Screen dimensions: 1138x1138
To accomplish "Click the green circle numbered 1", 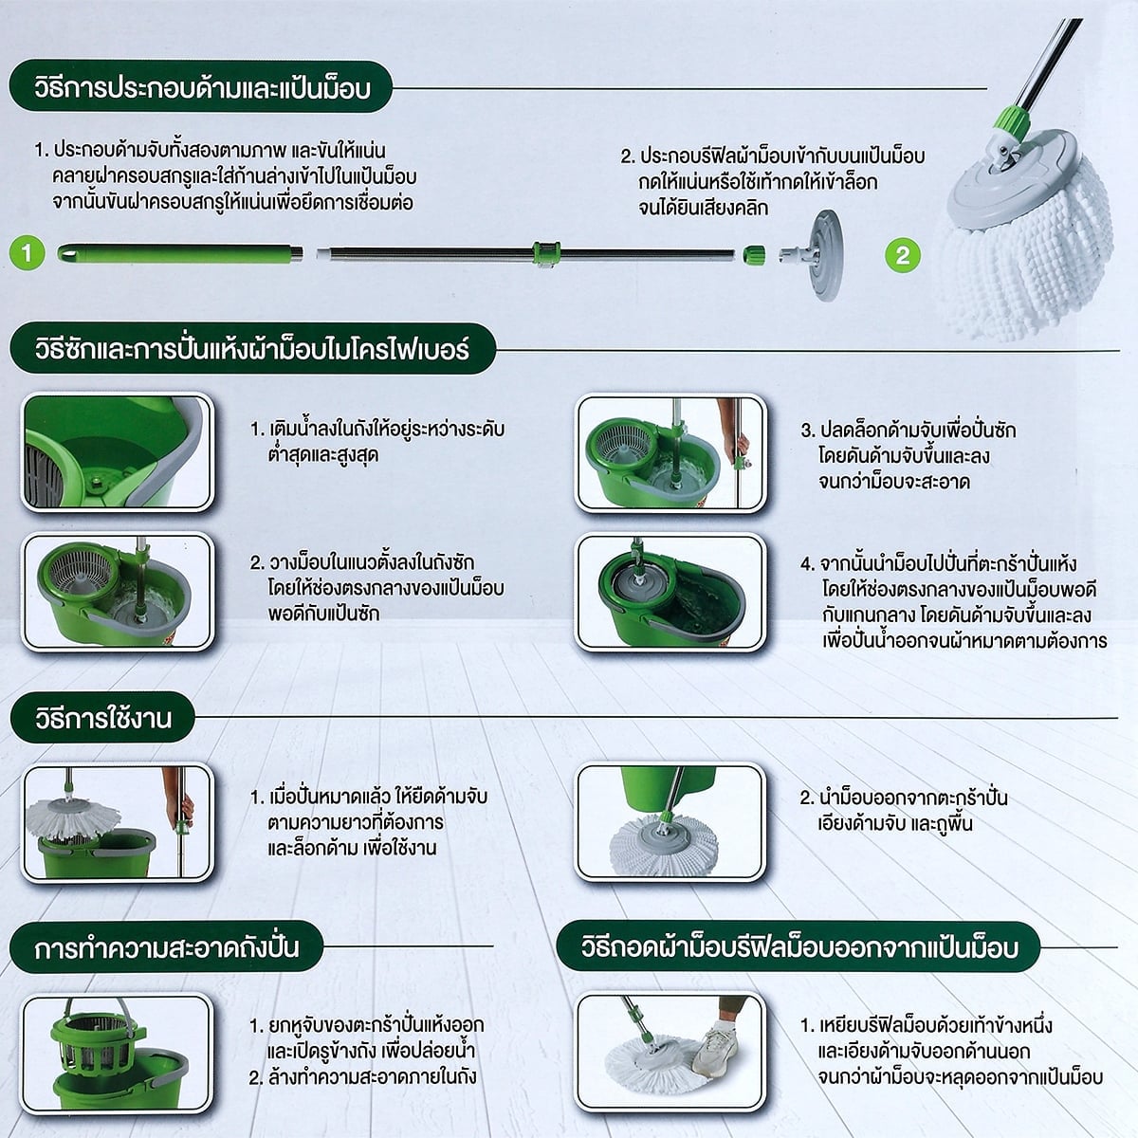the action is pyautogui.click(x=27, y=253).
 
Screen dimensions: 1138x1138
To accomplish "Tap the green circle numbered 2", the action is pyautogui.click(x=903, y=256).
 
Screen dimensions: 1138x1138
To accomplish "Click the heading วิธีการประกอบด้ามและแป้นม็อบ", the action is pyautogui.click(x=201, y=88).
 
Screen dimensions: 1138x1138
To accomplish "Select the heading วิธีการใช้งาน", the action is pyautogui.click(x=102, y=718).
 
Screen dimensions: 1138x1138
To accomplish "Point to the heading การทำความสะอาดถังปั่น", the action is pyautogui.click(x=167, y=946).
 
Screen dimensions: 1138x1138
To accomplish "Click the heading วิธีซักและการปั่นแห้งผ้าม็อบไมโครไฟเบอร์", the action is pyautogui.click(x=252, y=348).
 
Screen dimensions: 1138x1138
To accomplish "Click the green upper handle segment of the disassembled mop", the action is pyautogui.click(x=180, y=253).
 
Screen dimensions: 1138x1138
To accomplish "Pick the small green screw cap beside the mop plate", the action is pyautogui.click(x=754, y=255).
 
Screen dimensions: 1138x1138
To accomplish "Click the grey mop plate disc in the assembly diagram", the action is pyautogui.click(x=824, y=255).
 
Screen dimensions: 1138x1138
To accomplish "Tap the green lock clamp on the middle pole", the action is pyautogui.click(x=545, y=253).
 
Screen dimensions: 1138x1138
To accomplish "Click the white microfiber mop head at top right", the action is pyautogui.click(x=1031, y=236).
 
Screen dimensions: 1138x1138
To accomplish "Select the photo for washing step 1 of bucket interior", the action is pyautogui.click(x=117, y=451).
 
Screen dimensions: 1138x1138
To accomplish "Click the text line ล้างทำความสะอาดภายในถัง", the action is pyautogui.click(x=362, y=1076).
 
